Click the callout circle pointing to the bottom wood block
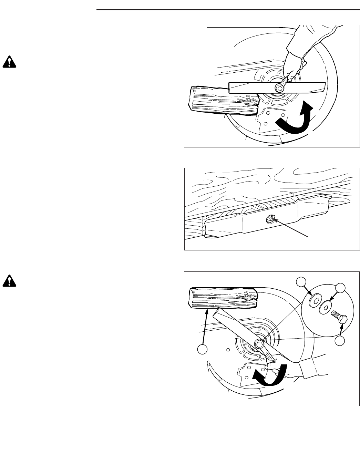[x=203, y=349]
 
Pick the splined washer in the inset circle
[x=315, y=302]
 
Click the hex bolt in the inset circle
[x=340, y=317]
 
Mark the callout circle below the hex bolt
[x=341, y=341]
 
